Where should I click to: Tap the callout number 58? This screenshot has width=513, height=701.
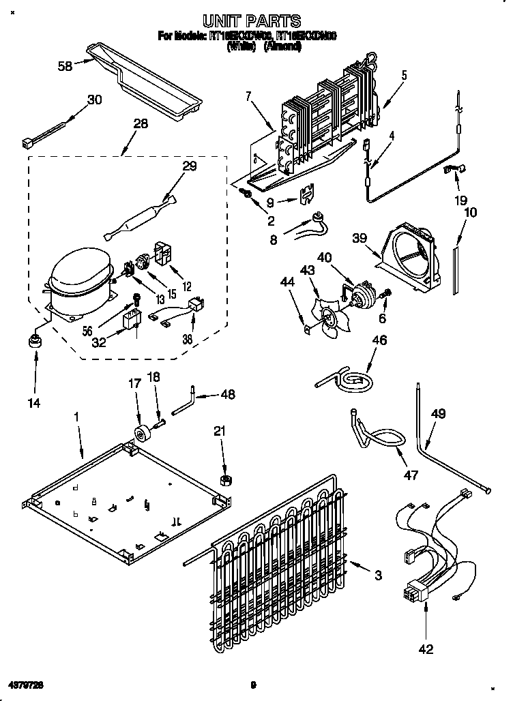[65, 66]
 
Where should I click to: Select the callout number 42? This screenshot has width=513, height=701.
[426, 650]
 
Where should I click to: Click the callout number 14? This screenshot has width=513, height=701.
[33, 403]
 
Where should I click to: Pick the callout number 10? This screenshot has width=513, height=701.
[470, 212]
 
